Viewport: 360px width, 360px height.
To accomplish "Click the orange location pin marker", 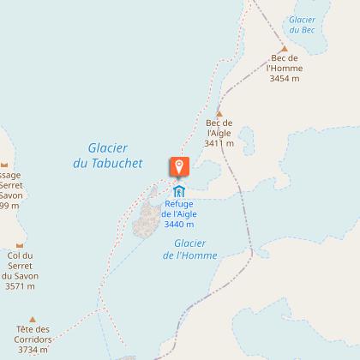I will click(179, 165).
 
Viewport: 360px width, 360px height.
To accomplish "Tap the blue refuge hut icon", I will click(179, 190).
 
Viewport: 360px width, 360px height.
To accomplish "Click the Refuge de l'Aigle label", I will click(179, 208).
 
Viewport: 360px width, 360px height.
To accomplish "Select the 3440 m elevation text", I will click(179, 224).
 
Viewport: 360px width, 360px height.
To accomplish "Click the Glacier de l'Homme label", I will click(189, 249).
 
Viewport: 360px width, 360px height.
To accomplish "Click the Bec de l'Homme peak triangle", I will click(285, 49).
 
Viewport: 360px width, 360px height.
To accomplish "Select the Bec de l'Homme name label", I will click(285, 64).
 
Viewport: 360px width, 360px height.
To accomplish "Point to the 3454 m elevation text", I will click(285, 78).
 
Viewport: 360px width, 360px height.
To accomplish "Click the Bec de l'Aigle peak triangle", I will click(219, 113).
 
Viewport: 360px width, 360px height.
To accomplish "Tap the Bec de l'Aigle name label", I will click(219, 129).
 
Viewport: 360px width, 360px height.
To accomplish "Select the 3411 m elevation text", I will click(219, 143).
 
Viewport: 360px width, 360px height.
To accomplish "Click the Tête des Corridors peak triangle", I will click(33, 318).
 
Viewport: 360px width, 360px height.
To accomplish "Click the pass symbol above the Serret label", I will click(5, 165).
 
